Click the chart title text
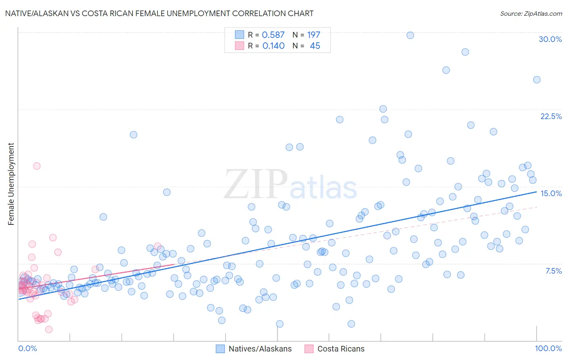click(159, 13)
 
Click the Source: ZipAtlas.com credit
click(531, 13)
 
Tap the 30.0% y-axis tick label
click(550, 39)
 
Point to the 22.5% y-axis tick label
click(551, 116)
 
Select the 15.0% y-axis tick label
click(551, 193)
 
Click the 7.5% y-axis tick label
click(553, 271)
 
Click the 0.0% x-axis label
click(27, 348)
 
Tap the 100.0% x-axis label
click(548, 348)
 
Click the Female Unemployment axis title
click(11, 184)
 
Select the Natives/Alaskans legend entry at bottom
click(254, 349)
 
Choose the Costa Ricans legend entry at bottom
click(335, 349)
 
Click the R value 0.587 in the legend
click(273, 35)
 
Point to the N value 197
click(313, 35)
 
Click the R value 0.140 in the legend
click(273, 46)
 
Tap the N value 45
click(315, 46)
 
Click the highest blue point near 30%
click(410, 35)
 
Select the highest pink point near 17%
click(37, 166)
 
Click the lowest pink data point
click(49, 329)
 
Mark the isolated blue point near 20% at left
click(133, 135)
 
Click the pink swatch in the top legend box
click(240, 46)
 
